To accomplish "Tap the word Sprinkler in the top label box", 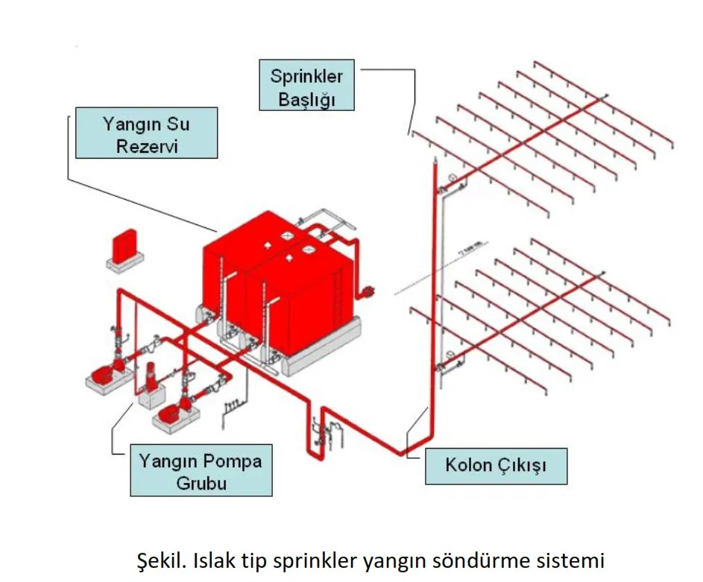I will (306, 76).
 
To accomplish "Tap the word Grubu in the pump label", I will (201, 482).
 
